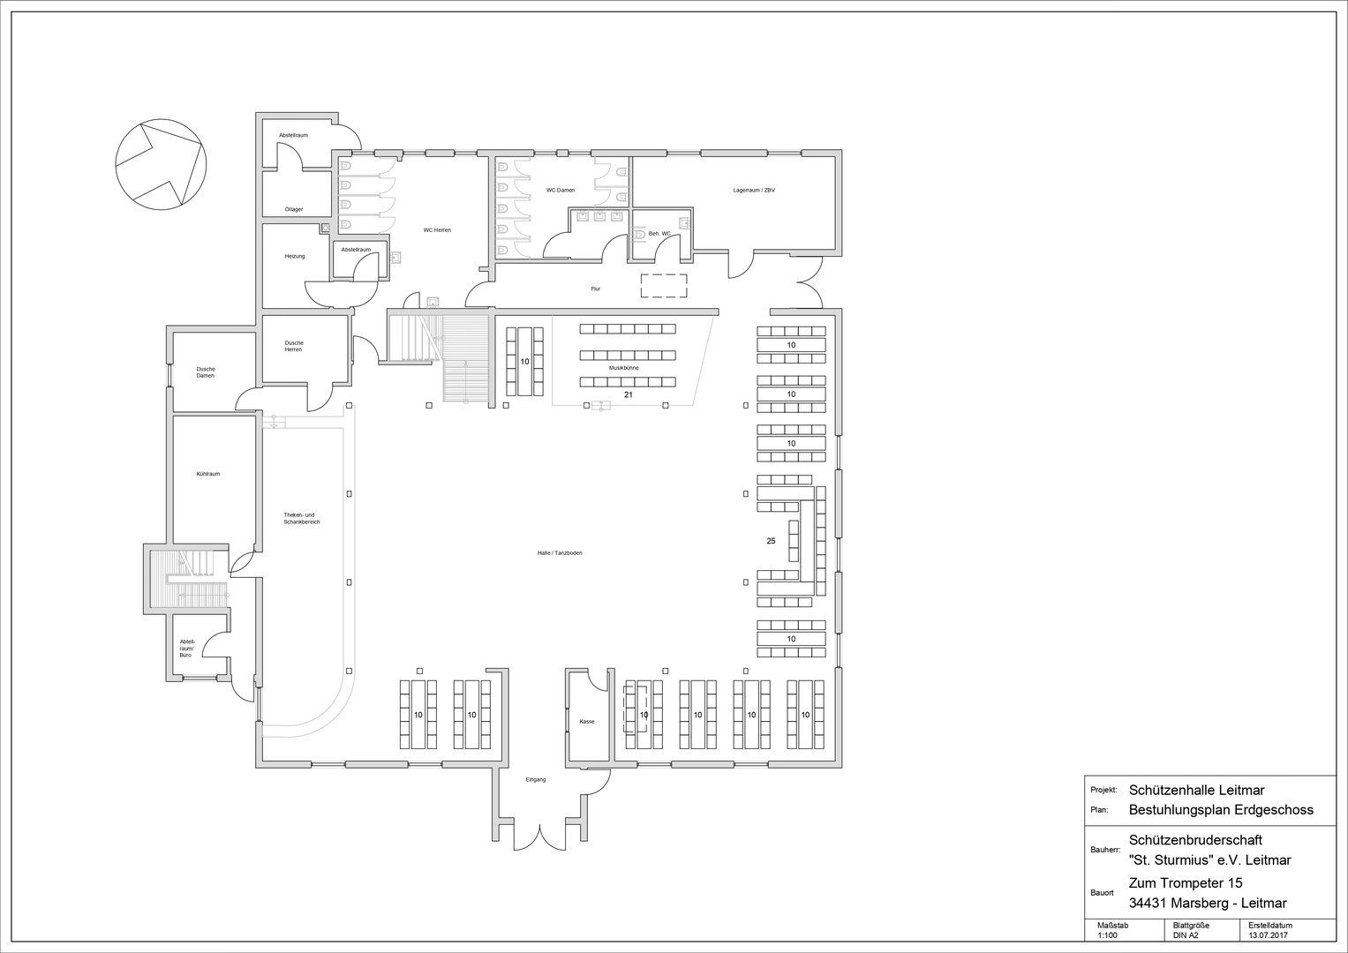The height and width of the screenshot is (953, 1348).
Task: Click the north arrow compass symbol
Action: (161, 164)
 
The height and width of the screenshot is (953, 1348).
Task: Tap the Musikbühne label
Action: (623, 368)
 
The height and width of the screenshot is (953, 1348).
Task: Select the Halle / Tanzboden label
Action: (560, 553)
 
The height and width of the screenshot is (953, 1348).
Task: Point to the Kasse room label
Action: (587, 722)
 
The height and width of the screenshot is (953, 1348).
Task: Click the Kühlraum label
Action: (208, 474)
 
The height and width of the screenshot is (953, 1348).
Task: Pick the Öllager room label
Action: (294, 209)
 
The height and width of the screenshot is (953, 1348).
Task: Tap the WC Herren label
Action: (437, 229)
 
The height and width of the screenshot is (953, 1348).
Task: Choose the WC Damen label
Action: (561, 190)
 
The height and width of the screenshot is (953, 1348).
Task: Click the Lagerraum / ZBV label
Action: (754, 190)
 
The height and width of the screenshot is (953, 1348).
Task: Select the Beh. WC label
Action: (659, 234)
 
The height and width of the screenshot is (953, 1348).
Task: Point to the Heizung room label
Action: (295, 256)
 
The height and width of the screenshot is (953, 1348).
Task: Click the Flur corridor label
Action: (596, 289)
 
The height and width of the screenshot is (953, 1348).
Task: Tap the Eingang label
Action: (536, 780)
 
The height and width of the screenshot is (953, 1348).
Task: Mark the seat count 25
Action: (771, 541)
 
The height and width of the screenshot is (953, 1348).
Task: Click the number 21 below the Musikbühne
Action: (629, 394)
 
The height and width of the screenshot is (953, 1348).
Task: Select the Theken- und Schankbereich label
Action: (302, 519)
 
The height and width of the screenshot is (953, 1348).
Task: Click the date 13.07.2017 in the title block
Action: (1269, 935)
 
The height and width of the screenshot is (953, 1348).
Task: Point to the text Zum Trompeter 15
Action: (1186, 883)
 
